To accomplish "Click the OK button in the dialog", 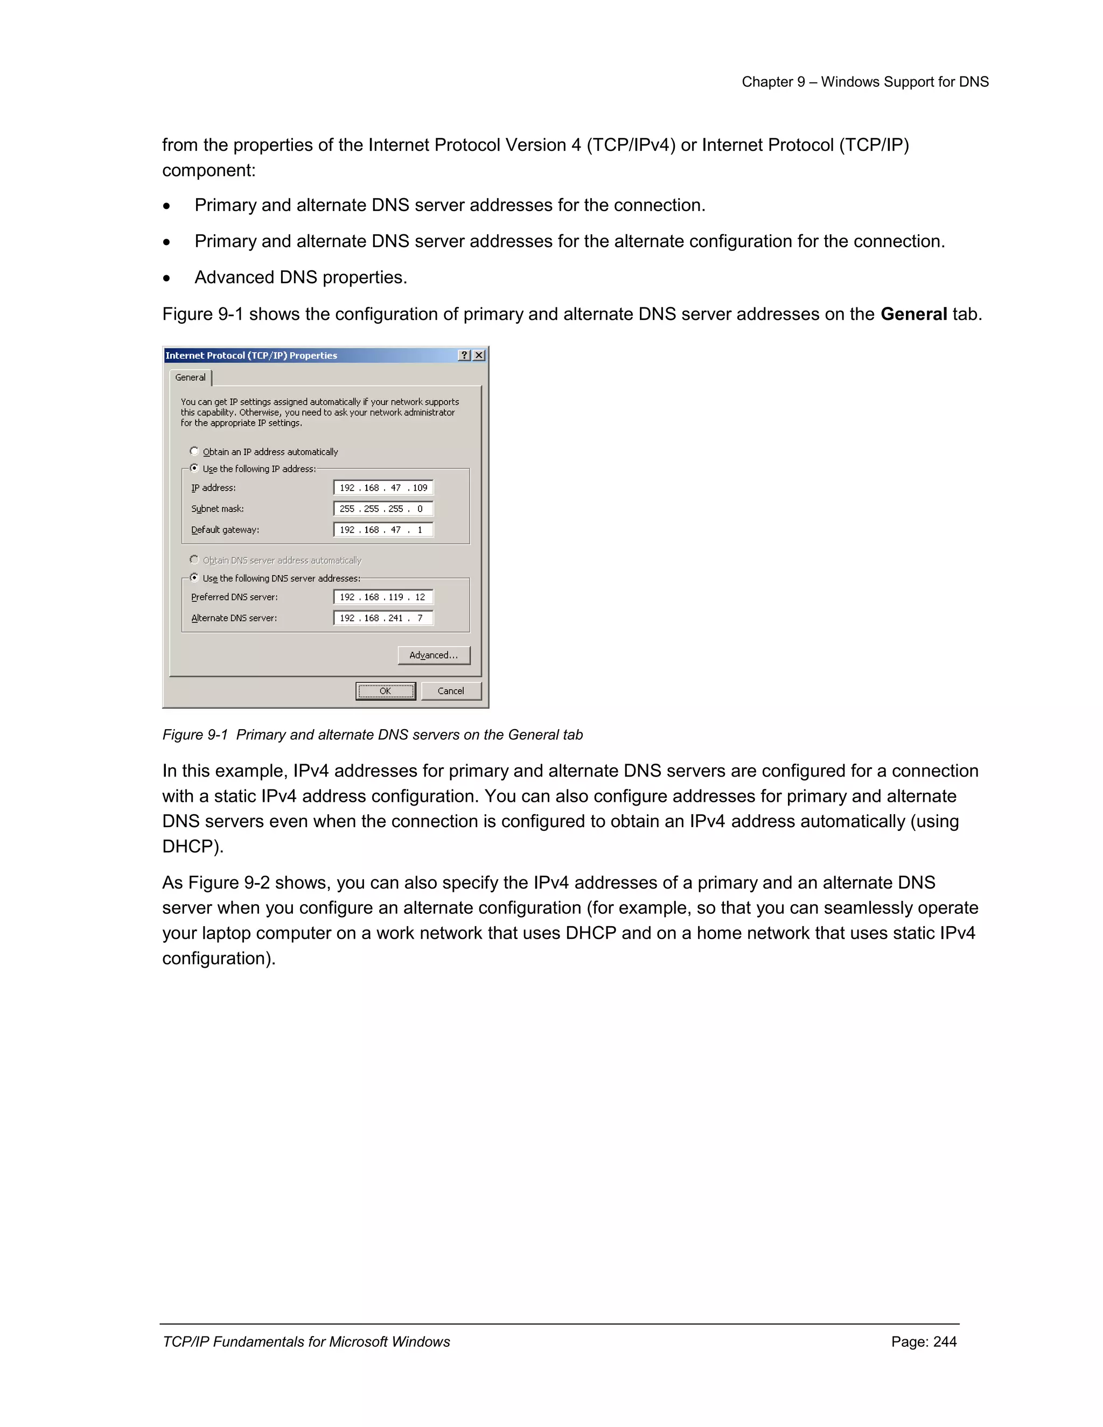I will click(x=385, y=691).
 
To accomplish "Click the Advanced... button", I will click(x=434, y=655).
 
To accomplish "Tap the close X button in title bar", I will click(x=479, y=355).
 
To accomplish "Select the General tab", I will click(x=190, y=377).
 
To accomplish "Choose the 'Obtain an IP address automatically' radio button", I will click(x=194, y=451).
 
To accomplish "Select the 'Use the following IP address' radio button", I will click(x=194, y=468).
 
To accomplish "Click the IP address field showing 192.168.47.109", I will click(x=383, y=487).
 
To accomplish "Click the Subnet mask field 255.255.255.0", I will click(x=383, y=508).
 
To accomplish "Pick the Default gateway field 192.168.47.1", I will click(x=383, y=530).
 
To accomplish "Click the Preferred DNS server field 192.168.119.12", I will click(x=383, y=597).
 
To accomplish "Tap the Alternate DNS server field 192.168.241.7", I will click(x=383, y=618).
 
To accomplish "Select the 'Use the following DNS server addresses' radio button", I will click(x=194, y=578).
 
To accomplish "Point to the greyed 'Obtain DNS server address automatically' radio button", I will click(x=194, y=559).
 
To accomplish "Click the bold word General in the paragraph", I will click(x=913, y=314).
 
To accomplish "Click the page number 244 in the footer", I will click(x=945, y=1341).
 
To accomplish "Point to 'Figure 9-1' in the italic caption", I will click(x=195, y=735).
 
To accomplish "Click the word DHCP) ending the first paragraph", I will click(x=193, y=847).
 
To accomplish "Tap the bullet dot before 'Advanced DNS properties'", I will click(x=167, y=278).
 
